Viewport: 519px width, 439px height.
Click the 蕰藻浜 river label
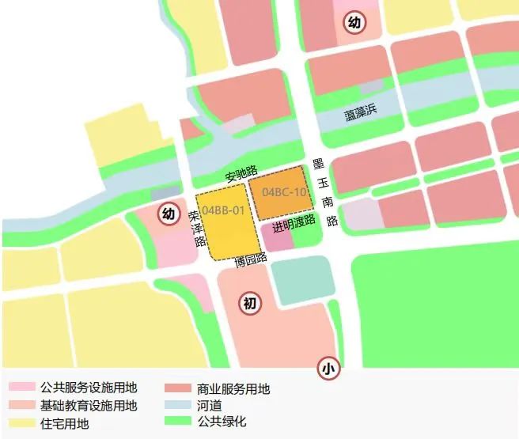(361, 114)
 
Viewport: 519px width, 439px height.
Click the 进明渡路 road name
(294, 224)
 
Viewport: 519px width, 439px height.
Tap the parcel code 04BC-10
(283, 192)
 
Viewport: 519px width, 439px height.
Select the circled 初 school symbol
(250, 304)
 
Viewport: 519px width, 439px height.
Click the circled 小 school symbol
(328, 368)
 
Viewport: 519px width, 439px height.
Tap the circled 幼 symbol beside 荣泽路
(168, 214)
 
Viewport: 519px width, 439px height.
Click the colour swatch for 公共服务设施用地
(21, 388)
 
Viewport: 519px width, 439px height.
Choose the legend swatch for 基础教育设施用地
(21, 405)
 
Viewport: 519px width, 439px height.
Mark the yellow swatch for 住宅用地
(21, 422)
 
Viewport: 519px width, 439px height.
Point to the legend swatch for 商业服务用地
(177, 388)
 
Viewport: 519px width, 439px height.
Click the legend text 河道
(209, 406)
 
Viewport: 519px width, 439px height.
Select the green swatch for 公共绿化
(177, 422)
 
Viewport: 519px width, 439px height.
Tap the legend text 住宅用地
(65, 423)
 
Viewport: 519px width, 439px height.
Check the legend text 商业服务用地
(233, 389)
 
